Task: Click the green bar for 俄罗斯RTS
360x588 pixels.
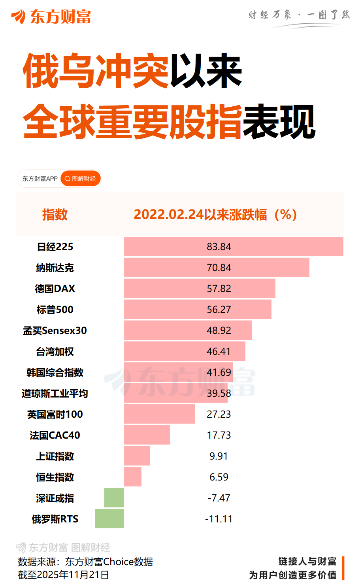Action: click(x=109, y=518)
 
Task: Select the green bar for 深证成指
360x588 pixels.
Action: click(x=114, y=498)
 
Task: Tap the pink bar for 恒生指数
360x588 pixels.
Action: click(x=133, y=477)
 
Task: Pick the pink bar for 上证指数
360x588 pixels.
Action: click(x=137, y=456)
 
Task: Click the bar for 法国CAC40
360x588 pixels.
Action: click(x=147, y=435)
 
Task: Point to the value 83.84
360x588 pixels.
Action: click(x=219, y=247)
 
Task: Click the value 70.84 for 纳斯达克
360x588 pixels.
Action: click(x=219, y=268)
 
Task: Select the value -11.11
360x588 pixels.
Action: click(x=219, y=519)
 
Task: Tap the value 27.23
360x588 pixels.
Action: click(x=219, y=414)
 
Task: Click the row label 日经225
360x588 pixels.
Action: click(x=55, y=247)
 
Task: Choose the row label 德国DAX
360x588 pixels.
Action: click(x=55, y=289)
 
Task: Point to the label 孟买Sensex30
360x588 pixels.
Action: click(x=55, y=331)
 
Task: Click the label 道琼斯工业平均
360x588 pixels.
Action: click(x=55, y=394)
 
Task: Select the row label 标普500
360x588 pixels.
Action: click(x=55, y=310)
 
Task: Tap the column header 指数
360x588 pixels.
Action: click(x=55, y=215)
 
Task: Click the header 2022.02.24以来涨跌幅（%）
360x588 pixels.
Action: click(x=215, y=215)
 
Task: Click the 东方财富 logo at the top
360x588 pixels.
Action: click(x=51, y=17)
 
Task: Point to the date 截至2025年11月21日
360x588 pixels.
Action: click(x=64, y=575)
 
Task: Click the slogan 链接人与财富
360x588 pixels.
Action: click(x=307, y=562)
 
